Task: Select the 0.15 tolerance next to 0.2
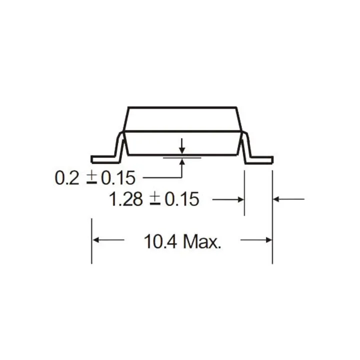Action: tap(118, 177)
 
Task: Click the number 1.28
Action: tap(126, 199)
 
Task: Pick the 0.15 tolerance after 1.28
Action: tap(182, 199)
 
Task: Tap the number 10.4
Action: tap(160, 241)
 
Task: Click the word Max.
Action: tap(202, 241)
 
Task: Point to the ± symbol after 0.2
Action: tap(92, 178)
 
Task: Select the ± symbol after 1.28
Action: tap(155, 199)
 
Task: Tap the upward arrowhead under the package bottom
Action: tap(182, 162)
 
